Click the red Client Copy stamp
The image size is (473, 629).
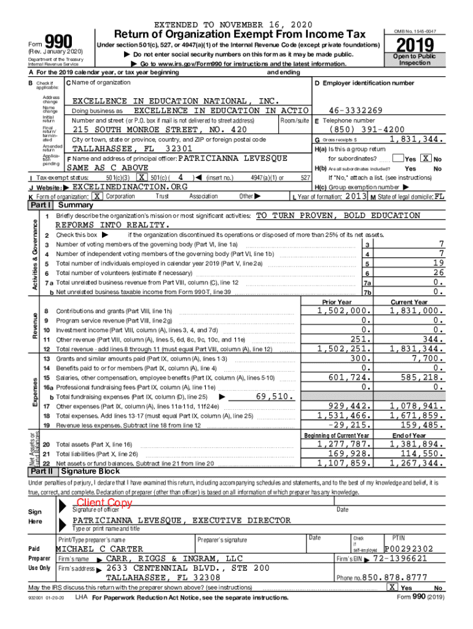(104, 502)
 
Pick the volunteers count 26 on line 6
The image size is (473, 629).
(437, 273)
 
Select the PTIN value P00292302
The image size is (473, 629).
(408, 549)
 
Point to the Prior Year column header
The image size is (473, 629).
(337, 302)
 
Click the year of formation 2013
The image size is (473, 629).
(356, 196)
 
